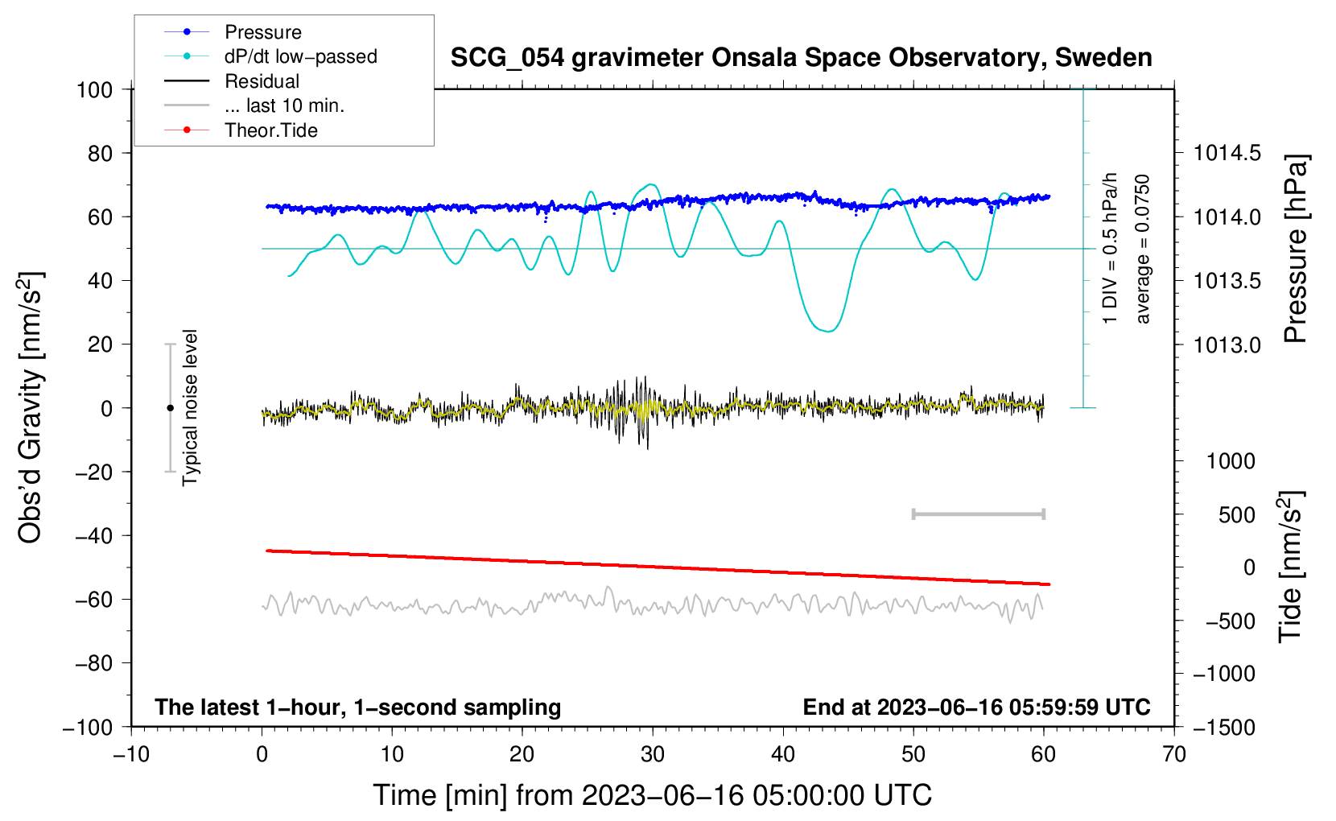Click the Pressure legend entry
[x=262, y=32]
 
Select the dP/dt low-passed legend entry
[x=300, y=56]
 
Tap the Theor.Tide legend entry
[x=270, y=130]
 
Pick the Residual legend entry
[x=262, y=81]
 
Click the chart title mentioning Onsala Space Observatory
[x=801, y=58]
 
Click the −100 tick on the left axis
[x=89, y=727]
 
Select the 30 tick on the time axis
[x=653, y=754]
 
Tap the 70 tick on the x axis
[x=1174, y=754]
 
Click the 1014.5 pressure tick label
[x=1227, y=153]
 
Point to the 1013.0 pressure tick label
[x=1227, y=344]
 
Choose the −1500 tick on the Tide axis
[x=1224, y=727]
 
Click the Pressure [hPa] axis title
[x=1295, y=250]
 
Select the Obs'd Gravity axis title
[x=31, y=408]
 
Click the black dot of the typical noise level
[x=170, y=408]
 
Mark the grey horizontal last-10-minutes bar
[x=978, y=514]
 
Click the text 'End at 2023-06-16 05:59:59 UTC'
[x=976, y=707]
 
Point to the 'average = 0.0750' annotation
[x=1143, y=250]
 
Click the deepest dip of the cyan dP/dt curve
[x=828, y=331]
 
